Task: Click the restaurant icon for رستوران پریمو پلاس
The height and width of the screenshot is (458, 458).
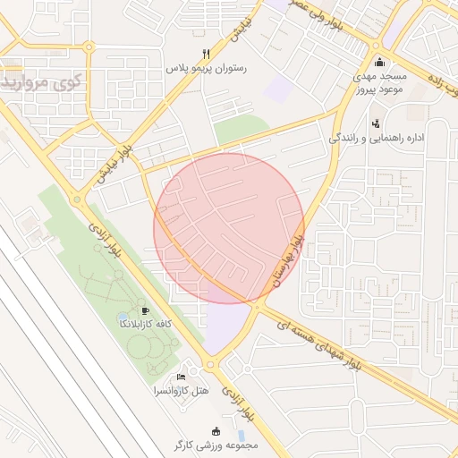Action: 207,53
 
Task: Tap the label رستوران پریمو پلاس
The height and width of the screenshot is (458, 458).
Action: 207,68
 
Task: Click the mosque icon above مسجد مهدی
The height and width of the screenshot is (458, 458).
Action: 379,62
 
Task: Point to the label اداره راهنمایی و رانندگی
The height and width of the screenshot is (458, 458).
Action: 376,139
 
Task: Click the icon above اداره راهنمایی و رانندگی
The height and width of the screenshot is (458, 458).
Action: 375,123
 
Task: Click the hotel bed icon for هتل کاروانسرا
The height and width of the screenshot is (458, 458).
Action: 182,377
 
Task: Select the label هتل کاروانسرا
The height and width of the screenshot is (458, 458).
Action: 182,391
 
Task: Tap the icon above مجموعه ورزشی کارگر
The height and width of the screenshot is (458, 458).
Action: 213,430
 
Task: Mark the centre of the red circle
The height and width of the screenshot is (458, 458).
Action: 229,228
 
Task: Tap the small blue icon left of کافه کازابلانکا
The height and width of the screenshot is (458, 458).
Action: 123,318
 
